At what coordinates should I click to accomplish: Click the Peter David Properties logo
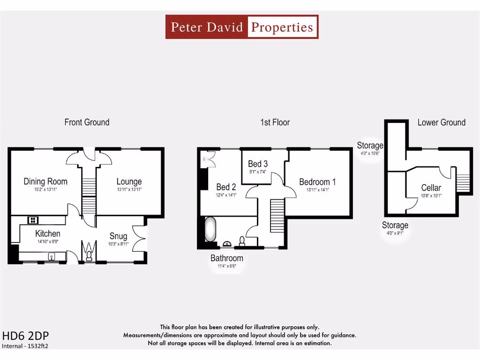pos(242,27)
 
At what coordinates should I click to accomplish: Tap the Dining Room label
pos(45,181)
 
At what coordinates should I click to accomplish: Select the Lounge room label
pos(129,181)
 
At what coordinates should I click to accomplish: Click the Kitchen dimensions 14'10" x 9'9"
pos(48,242)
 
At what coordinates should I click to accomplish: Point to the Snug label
pos(118,236)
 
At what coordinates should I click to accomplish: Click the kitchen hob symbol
pos(34,219)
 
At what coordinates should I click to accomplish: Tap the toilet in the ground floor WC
pos(89,255)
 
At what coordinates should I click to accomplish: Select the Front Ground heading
pos(87,122)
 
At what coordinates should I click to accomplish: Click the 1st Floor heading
pos(275,122)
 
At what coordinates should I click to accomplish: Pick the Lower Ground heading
pos(442,122)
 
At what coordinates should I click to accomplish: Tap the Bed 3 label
pos(258,164)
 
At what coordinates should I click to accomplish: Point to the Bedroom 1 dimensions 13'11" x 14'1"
pos(317,190)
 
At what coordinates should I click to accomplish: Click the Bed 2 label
pos(225,187)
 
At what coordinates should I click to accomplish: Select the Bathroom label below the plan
pos(227,258)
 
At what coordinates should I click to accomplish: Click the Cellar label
pos(431,188)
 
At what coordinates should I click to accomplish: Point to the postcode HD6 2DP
pos(25,336)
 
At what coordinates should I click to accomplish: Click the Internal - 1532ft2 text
pos(25,346)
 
